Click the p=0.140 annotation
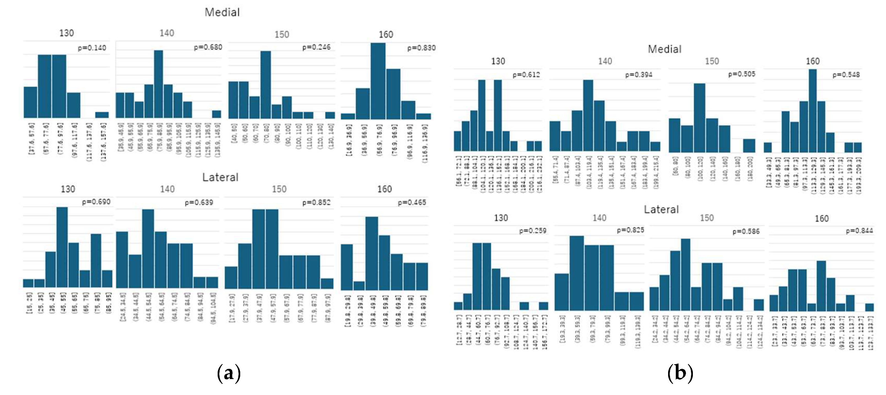tap(92, 48)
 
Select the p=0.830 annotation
tap(421, 48)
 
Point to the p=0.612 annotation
tap(526, 75)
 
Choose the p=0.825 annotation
tap(630, 230)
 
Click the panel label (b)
tap(680, 373)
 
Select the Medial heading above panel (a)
tap(222, 12)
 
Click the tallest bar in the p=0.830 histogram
tap(378, 81)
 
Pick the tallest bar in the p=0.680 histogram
tap(158, 84)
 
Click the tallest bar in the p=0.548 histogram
tap(812, 111)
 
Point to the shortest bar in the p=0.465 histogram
tap(359, 286)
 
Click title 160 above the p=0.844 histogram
tap(821, 218)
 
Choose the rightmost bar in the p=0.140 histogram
tap(102, 115)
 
